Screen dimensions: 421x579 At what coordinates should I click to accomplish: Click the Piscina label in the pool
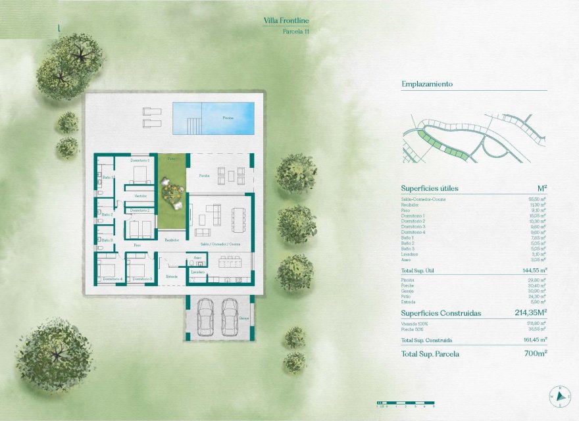click(x=228, y=118)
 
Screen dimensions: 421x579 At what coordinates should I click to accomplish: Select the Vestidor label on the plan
click(x=141, y=196)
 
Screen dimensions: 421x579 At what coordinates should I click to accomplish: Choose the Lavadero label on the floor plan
click(x=198, y=272)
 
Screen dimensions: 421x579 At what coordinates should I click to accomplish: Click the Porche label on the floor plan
click(x=204, y=176)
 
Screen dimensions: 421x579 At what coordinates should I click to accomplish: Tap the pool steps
click(x=192, y=123)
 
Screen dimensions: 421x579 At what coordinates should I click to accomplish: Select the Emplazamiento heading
click(x=427, y=84)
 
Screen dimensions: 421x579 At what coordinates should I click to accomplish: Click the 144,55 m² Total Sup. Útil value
click(x=535, y=270)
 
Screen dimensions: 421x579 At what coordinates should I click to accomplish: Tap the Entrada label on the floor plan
click(x=172, y=276)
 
